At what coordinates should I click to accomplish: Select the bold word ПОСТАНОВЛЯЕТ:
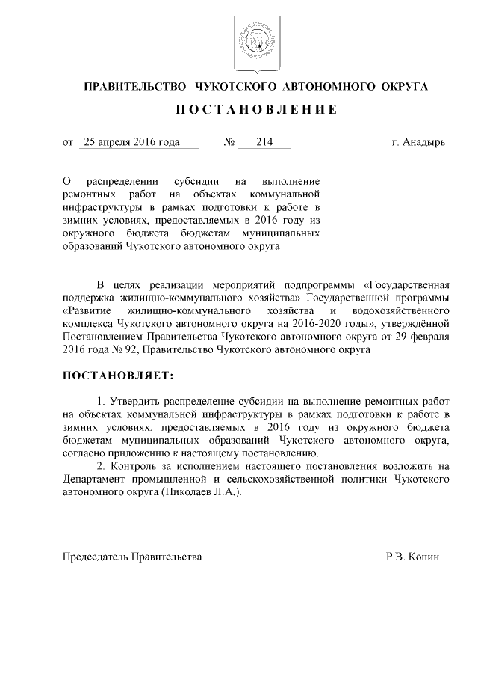click(x=120, y=373)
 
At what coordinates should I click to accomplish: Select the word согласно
click(x=86, y=453)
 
